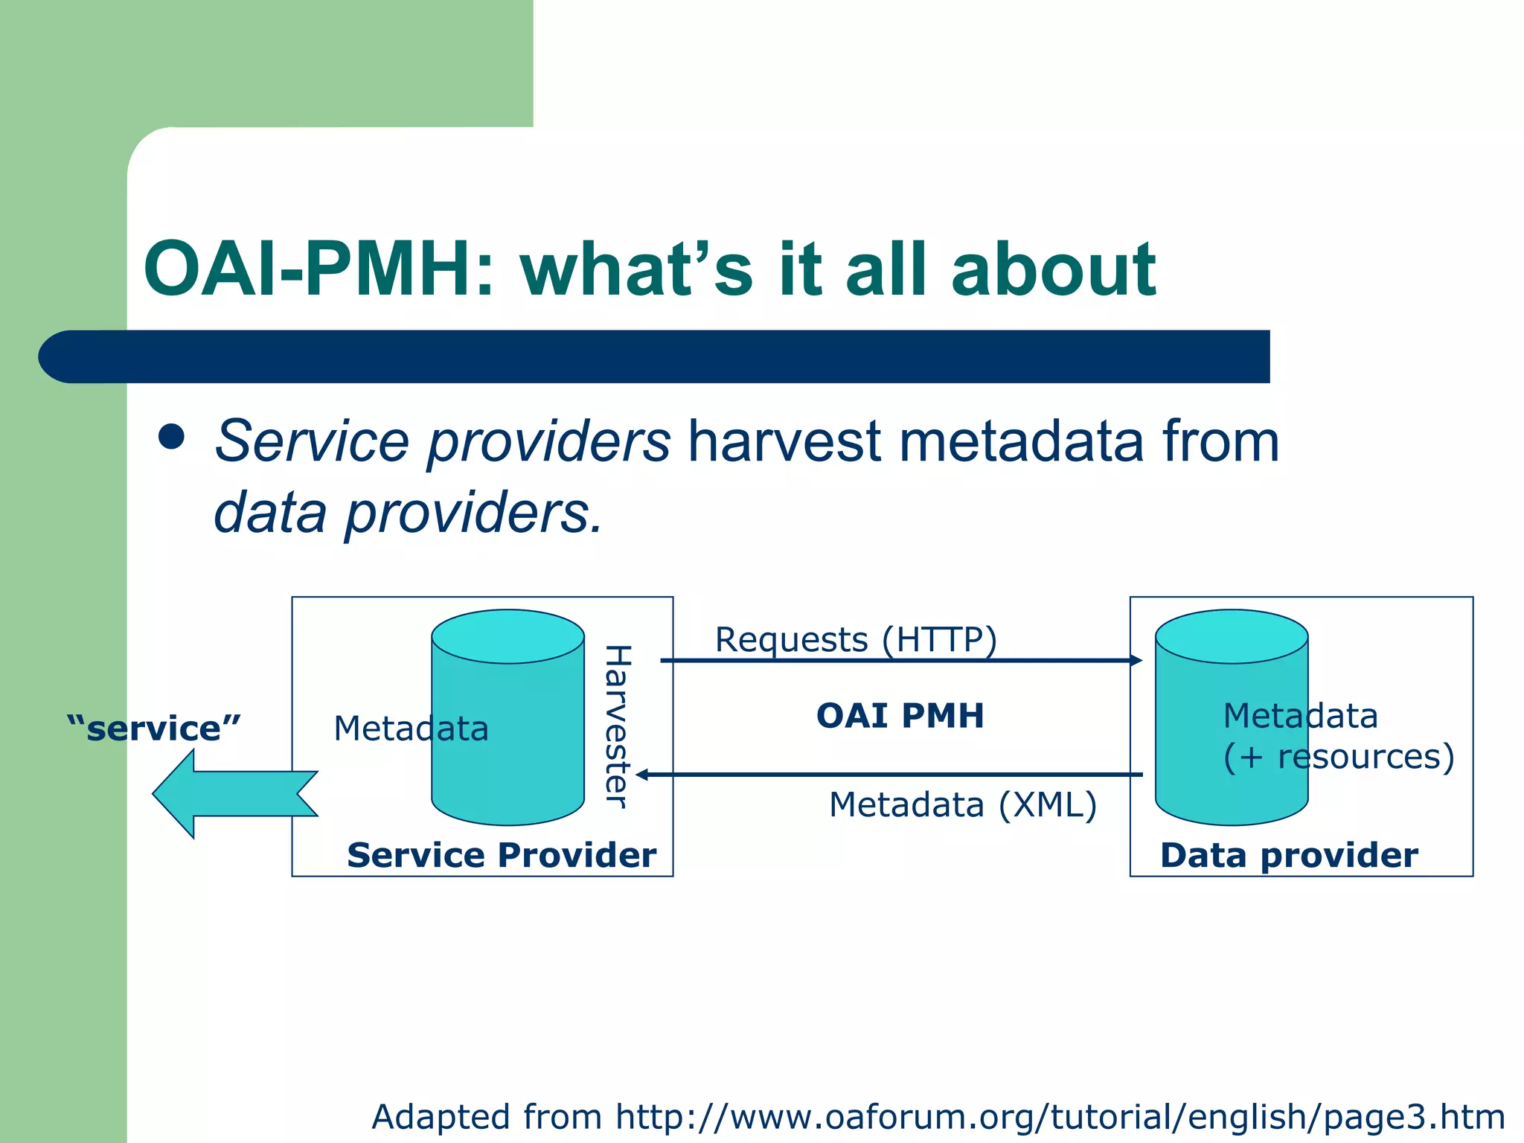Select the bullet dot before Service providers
click(172, 437)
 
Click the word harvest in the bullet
click(784, 441)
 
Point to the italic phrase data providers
click(407, 513)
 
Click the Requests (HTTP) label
click(855, 640)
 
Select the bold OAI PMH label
click(900, 716)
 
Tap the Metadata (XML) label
click(963, 805)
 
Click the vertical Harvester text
click(618, 726)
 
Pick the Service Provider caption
click(502, 855)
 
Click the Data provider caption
click(1289, 855)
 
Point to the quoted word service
click(154, 729)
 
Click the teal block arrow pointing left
click(234, 794)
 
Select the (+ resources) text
click(1338, 757)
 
